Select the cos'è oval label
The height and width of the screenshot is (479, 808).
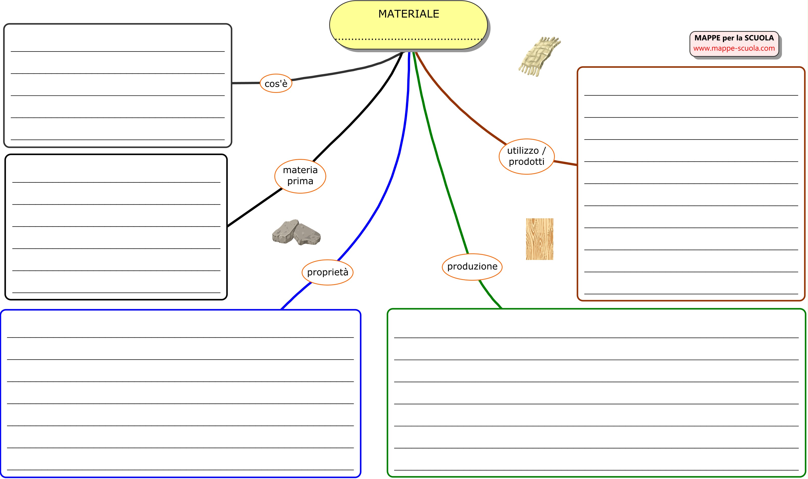coord(276,84)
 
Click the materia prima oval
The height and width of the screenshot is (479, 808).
coord(300,176)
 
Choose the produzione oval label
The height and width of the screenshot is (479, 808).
coord(472,267)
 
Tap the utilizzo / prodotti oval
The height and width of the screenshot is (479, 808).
coord(526,156)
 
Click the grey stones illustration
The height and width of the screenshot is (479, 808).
coord(296,233)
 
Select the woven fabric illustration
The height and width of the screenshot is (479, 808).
coord(539,57)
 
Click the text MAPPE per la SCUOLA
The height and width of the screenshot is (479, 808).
coord(734,38)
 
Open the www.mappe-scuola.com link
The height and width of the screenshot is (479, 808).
coord(734,48)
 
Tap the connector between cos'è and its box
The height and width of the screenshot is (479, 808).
coord(246,83)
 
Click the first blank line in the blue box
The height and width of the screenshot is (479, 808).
coord(180,337)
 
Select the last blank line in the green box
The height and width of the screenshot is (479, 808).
coord(596,470)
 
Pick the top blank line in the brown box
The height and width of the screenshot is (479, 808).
coord(691,95)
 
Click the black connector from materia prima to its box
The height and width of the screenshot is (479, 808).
coord(255,207)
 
